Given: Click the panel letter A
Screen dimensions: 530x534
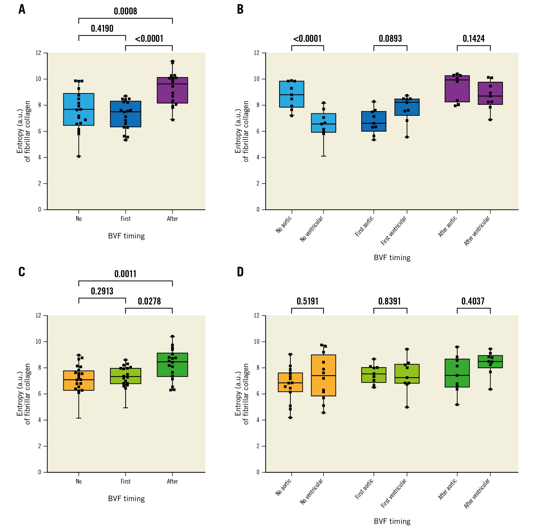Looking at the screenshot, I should pyautogui.click(x=22, y=9).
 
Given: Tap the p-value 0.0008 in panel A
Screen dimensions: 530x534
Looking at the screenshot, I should pyautogui.click(x=125, y=11).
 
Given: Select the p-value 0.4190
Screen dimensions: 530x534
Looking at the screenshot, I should pyautogui.click(x=102, y=28).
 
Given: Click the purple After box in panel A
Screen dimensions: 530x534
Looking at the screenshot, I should pyautogui.click(x=172, y=90).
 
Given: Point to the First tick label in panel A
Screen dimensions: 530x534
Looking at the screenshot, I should pyautogui.click(x=125, y=219).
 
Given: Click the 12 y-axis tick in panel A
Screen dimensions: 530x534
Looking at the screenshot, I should pyautogui.click(x=38, y=53).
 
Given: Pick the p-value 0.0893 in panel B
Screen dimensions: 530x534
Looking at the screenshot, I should pyautogui.click(x=390, y=39).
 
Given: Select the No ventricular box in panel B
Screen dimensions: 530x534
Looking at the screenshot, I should pyautogui.click(x=323, y=123).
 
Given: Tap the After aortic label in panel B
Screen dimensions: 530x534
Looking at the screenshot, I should pyautogui.click(x=447, y=227).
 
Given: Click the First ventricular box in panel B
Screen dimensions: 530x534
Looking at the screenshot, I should pyautogui.click(x=407, y=107).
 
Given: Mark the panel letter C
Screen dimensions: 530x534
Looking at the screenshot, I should pyautogui.click(x=22, y=272).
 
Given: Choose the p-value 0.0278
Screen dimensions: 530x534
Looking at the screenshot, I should pyautogui.click(x=149, y=301).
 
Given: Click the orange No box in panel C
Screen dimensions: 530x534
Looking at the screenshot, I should pyautogui.click(x=79, y=381).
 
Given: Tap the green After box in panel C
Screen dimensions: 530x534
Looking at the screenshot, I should pyautogui.click(x=172, y=365).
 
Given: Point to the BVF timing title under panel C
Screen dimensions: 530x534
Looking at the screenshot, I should pyautogui.click(x=126, y=499).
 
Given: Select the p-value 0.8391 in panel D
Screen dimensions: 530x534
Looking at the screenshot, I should pyautogui.click(x=389, y=301).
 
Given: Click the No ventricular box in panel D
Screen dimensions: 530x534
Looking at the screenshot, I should pyautogui.click(x=323, y=376).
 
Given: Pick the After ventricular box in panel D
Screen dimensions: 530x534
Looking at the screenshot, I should pyautogui.click(x=490, y=362).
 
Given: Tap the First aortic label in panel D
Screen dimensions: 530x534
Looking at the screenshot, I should pyautogui.click(x=364, y=489).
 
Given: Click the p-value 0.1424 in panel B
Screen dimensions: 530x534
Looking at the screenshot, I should pyautogui.click(x=474, y=39).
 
